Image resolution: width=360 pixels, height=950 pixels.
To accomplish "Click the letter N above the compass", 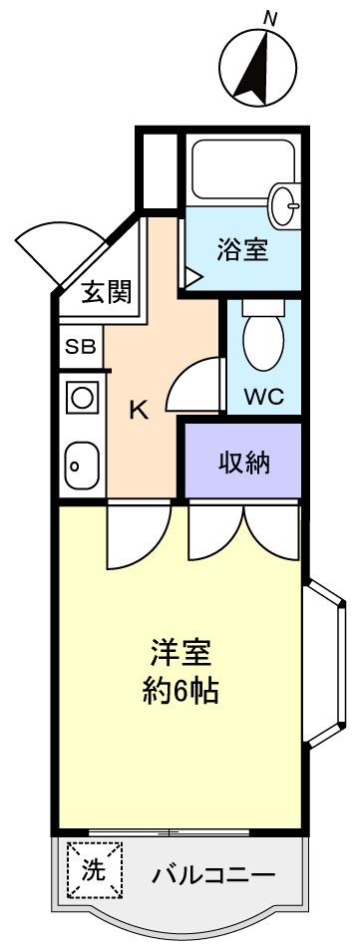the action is [x=270, y=19].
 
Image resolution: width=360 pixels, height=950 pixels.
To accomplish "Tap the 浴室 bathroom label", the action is [x=242, y=249].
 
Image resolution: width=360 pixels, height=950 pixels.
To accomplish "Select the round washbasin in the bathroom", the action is [x=285, y=205].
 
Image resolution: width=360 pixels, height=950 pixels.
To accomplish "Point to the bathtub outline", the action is [x=243, y=167].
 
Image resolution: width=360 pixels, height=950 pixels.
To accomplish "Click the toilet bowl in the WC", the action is [x=262, y=339].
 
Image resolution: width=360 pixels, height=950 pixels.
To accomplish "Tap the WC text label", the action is [x=263, y=397].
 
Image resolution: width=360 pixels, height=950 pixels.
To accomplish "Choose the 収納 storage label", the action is [x=244, y=463].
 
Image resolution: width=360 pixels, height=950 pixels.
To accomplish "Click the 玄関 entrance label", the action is [x=107, y=293].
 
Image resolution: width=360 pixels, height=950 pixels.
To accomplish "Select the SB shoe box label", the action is [x=81, y=347].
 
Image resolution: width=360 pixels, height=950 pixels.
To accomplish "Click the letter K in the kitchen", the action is [x=139, y=412].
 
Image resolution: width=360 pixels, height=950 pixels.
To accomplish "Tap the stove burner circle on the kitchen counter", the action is [x=82, y=398].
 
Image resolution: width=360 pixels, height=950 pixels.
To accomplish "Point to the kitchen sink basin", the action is [x=83, y=465].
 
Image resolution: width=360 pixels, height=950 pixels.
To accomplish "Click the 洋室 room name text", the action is [x=180, y=654].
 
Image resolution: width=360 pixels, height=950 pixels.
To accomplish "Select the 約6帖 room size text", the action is [x=180, y=689].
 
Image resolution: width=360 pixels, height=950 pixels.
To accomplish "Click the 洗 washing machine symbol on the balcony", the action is [x=95, y=870].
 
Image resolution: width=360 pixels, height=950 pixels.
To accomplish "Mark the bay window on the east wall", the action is [x=325, y=664].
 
